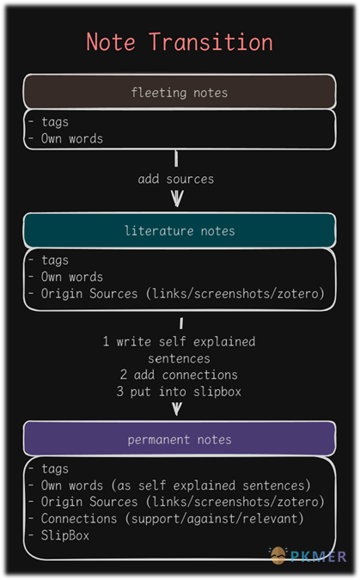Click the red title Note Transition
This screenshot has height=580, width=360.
click(x=180, y=41)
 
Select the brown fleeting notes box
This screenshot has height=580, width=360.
click(x=180, y=92)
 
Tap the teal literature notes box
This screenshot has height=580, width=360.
click(x=180, y=230)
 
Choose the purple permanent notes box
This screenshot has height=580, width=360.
click(x=180, y=439)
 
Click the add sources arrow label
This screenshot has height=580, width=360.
click(x=176, y=179)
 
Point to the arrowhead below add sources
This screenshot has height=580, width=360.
click(x=177, y=198)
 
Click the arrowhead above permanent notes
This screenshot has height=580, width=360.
click(x=177, y=409)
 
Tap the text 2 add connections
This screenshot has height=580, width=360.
click(x=179, y=375)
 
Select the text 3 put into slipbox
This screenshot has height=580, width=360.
click(x=179, y=391)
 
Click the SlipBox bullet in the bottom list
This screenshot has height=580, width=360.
click(x=64, y=535)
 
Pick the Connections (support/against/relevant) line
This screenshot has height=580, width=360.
click(x=172, y=519)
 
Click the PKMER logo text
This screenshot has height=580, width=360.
click(x=319, y=556)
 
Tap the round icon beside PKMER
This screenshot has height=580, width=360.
click(x=278, y=555)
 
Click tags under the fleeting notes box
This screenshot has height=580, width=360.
click(x=55, y=122)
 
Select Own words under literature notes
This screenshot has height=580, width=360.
click(x=72, y=277)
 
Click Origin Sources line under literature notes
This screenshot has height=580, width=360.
click(x=182, y=293)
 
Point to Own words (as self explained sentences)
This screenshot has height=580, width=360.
click(x=176, y=485)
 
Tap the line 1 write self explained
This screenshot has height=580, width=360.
click(x=179, y=341)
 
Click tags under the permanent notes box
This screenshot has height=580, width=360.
click(x=55, y=468)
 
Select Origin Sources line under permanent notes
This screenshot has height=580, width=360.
click(x=182, y=502)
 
